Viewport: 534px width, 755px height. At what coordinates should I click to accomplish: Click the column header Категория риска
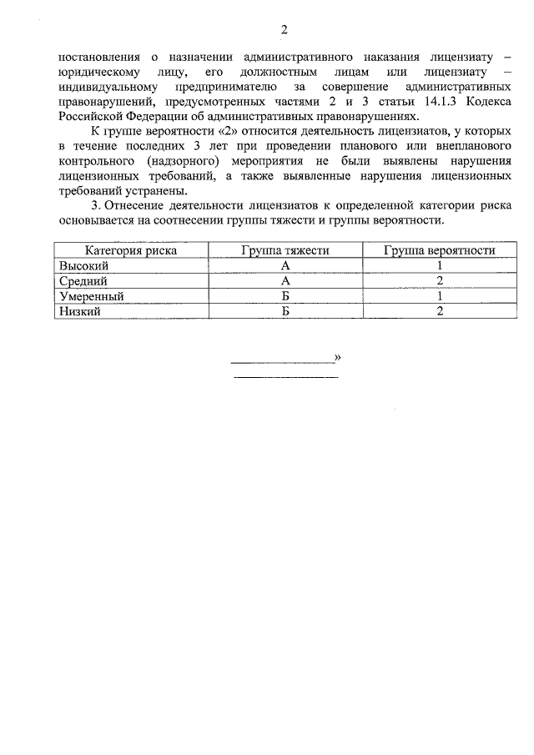(130, 250)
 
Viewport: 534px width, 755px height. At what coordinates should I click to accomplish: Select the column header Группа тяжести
(285, 250)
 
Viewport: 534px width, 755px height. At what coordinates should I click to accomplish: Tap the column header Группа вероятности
(439, 250)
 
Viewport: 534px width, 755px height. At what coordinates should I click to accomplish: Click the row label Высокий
(83, 265)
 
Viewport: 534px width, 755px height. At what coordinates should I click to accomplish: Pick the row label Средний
(83, 280)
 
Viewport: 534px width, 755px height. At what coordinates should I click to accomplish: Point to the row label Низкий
(79, 310)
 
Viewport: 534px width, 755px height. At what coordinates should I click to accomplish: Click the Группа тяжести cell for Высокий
(285, 265)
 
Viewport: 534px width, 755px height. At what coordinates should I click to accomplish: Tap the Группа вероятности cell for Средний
(439, 280)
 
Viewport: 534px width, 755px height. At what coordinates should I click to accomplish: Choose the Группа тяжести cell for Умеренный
(285, 295)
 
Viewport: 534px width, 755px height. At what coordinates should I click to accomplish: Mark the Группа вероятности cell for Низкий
(439, 310)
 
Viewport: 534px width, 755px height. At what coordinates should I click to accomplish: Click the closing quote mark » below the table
(337, 358)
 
